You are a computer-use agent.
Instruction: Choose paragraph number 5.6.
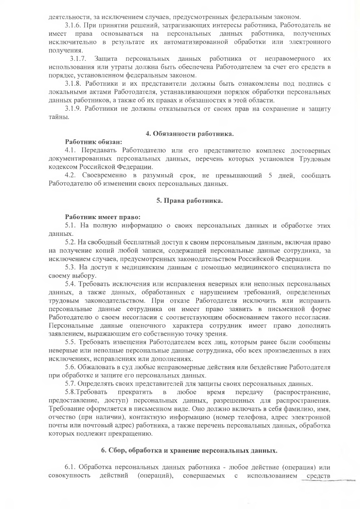click(70, 367)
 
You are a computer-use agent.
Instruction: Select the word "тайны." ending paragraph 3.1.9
click(58, 117)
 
